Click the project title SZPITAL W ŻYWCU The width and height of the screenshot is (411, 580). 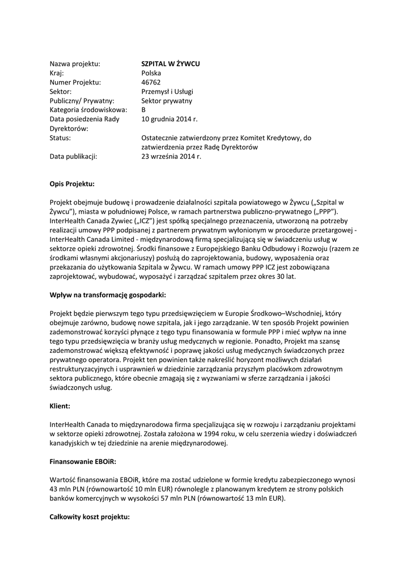(x=171, y=64)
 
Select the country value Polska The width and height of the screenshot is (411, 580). (x=151, y=73)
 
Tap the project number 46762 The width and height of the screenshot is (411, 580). (x=151, y=82)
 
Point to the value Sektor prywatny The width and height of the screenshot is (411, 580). (x=167, y=101)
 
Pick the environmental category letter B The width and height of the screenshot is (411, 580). (x=143, y=110)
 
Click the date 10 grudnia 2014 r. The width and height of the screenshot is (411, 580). (x=170, y=119)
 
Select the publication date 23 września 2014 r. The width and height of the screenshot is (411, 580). (x=171, y=156)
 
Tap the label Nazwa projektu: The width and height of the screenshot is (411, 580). (x=75, y=64)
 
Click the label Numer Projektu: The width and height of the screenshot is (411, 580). (x=75, y=82)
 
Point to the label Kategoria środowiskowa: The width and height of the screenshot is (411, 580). (x=88, y=110)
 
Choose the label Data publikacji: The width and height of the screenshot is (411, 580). (x=74, y=156)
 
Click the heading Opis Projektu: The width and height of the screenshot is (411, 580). (x=72, y=184)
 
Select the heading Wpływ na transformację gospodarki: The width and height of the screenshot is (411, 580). (x=108, y=295)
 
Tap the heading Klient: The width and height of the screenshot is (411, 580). (x=60, y=406)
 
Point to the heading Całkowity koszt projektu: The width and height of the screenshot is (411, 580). (x=90, y=517)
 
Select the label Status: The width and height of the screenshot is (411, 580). (x=60, y=138)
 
